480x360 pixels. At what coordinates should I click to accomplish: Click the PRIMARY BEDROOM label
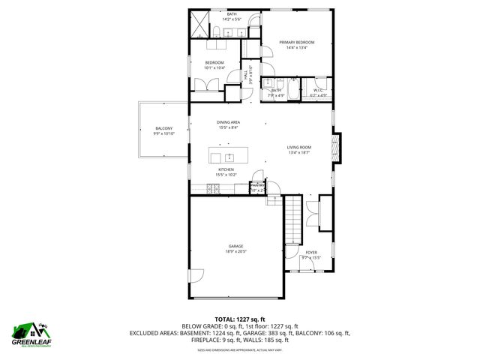coord(297,43)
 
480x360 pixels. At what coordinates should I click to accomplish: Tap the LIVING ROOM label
coord(298,147)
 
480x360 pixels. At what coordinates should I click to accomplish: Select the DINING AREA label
coord(228,122)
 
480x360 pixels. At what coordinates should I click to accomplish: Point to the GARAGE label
coord(236,246)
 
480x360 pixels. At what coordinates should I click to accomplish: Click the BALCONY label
coord(163,129)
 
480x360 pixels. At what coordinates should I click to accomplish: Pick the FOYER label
coord(310,252)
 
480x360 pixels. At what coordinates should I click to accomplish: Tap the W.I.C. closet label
coord(319,90)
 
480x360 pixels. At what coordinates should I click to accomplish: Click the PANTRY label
coord(257,184)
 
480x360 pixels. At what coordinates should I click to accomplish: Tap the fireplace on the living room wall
coord(338,144)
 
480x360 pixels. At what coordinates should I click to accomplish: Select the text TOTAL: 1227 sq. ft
coord(240,319)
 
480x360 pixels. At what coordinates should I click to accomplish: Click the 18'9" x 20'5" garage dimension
coord(236,251)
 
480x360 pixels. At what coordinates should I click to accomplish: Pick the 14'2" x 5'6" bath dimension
coord(232,19)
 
